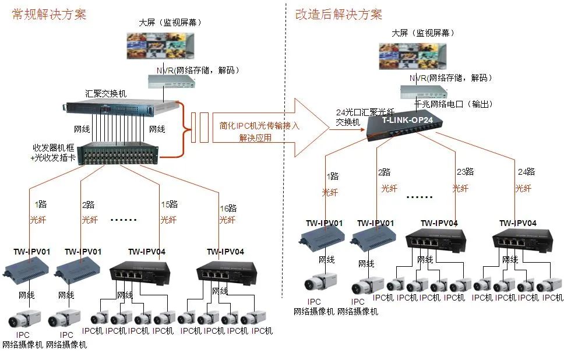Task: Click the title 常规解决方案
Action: point(49,15)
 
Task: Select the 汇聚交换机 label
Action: point(106,93)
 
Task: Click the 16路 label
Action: point(228,208)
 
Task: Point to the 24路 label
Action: point(526,171)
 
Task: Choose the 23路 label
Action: point(465,171)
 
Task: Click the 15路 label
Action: point(169,204)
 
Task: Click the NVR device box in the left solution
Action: point(170,82)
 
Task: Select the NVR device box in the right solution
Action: point(423,91)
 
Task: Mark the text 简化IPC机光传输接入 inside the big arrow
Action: point(259,125)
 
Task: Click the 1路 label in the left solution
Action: point(40,204)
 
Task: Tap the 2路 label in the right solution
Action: point(384,172)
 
